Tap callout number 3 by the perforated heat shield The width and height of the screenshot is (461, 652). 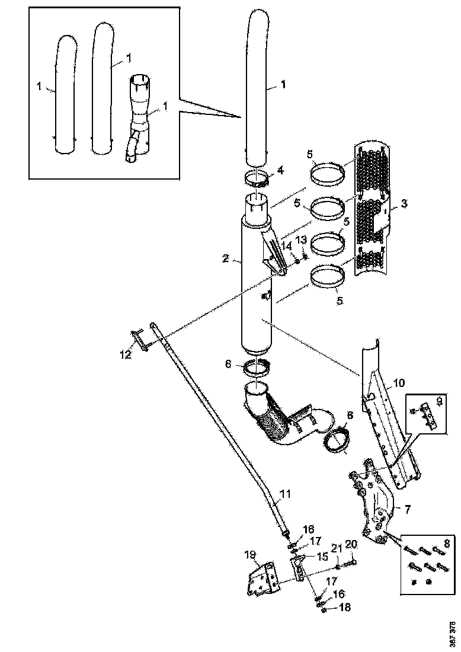pyautogui.click(x=404, y=204)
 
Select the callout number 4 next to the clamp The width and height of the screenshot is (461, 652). pyautogui.click(x=281, y=171)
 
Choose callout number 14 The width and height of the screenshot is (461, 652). pyautogui.click(x=286, y=245)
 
